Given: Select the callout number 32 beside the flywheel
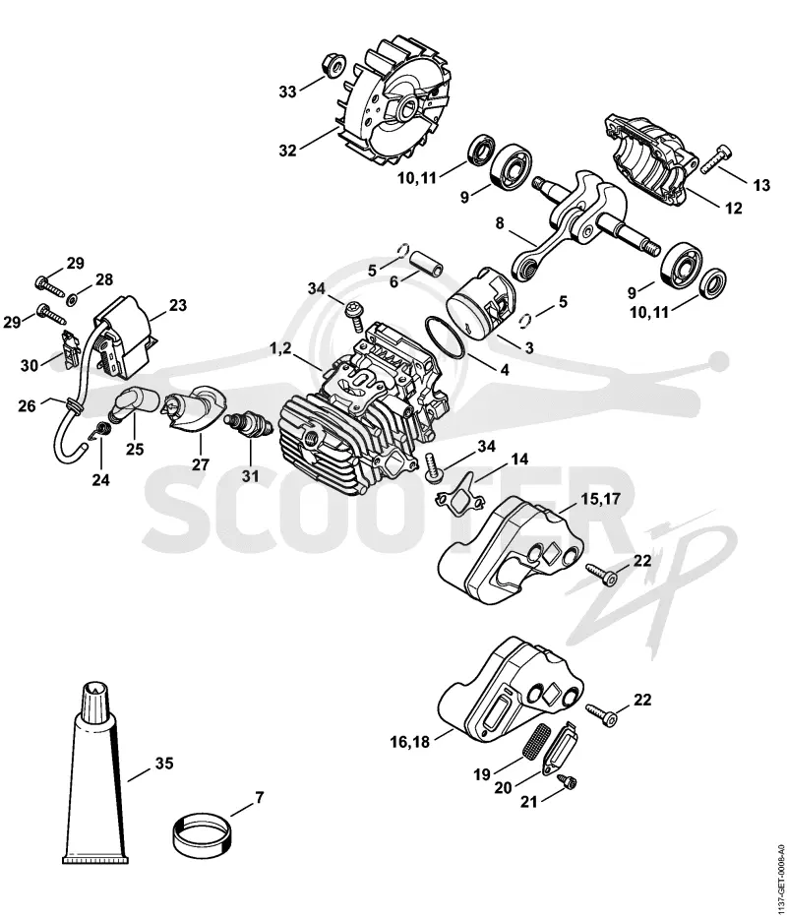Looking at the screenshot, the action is point(287,151).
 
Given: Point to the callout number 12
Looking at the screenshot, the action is point(733,208).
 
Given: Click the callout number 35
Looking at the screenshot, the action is point(165,764).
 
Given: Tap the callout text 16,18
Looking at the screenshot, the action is point(410,742).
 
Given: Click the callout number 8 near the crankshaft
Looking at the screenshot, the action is point(500,223).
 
